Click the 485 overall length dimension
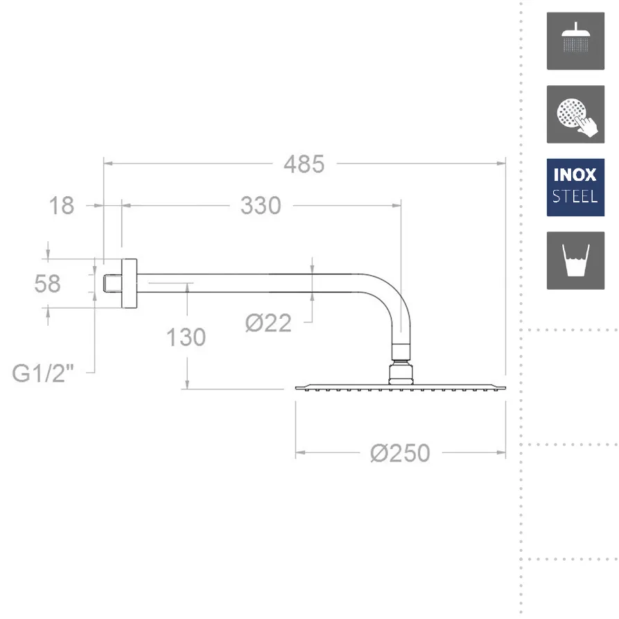click(304, 164)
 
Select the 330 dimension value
click(261, 205)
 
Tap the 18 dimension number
click(62, 205)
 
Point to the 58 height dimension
click(48, 284)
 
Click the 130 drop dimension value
click(186, 337)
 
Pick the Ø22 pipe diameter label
click(268, 322)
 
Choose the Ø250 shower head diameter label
click(400, 453)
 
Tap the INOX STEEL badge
click(575, 187)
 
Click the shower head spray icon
click(575, 41)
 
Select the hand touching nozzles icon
click(575, 114)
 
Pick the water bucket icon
click(575, 261)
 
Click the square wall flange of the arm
click(129, 284)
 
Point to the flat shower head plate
click(401, 386)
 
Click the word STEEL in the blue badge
click(575, 197)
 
